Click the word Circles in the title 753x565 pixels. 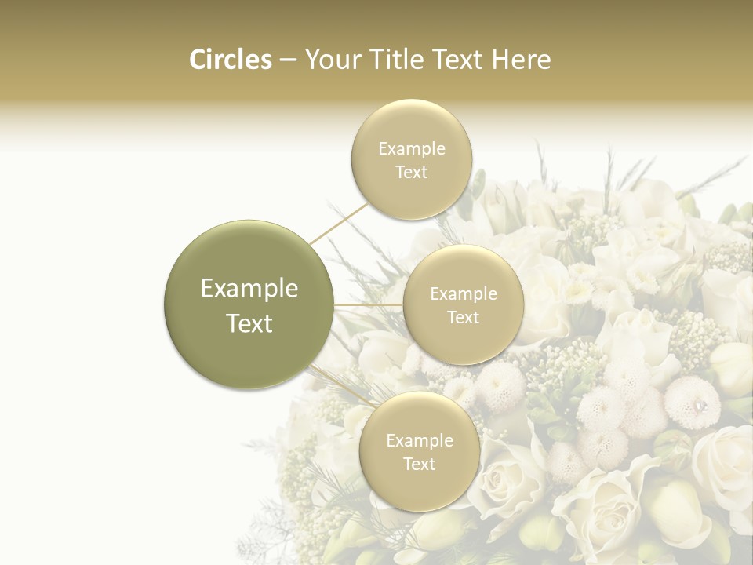coord(231,60)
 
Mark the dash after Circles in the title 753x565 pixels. coord(288,60)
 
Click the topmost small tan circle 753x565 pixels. coord(412,159)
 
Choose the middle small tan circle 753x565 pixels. coord(463,304)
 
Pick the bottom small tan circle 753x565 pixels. coord(420,451)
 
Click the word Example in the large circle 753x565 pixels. coord(249,289)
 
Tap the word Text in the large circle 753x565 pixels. coord(249,323)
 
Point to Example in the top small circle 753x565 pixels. coord(412,148)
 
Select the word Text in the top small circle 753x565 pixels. coord(412,172)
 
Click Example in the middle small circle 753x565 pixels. coord(464,293)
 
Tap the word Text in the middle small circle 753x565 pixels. coord(464,317)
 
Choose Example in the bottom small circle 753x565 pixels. coord(420,440)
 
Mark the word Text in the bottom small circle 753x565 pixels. coord(420,464)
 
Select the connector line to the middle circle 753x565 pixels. coord(369,304)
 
